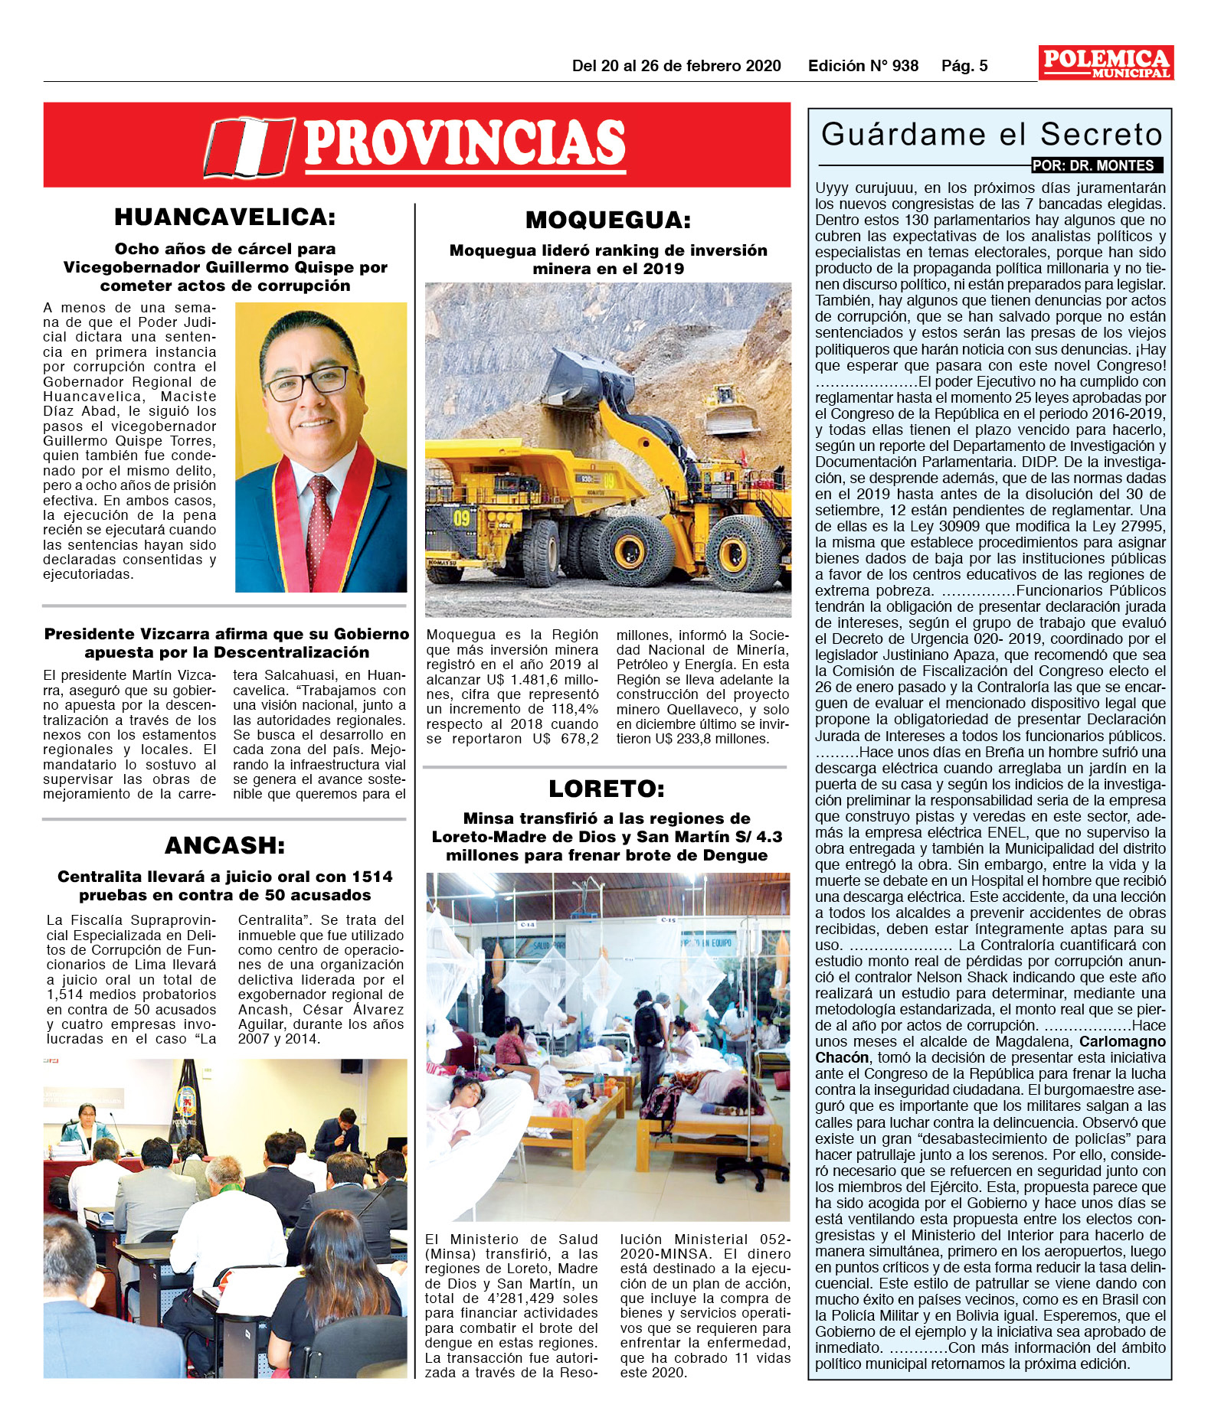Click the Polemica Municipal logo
point(1105,63)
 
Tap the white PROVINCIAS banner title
point(465,143)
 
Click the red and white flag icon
point(249,147)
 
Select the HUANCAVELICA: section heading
point(225,217)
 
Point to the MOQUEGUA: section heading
point(608,220)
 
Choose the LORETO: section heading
point(607,789)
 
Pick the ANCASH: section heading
point(225,845)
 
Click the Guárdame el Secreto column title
point(991,135)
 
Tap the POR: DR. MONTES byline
point(1097,165)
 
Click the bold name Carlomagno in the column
point(1122,1041)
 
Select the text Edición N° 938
point(863,66)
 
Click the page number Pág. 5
point(964,66)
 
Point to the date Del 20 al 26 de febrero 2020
point(676,66)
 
